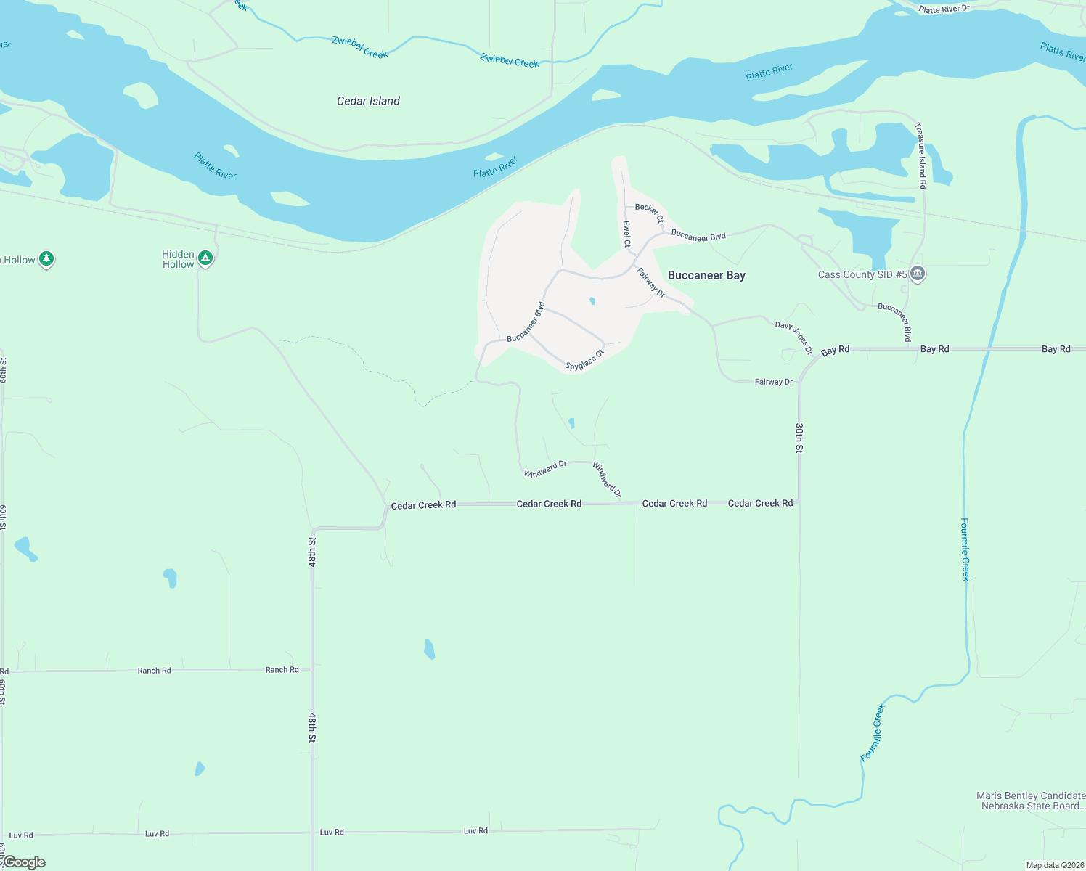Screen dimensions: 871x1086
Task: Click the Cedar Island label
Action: pos(368,101)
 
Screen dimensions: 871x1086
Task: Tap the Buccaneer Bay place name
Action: pos(706,275)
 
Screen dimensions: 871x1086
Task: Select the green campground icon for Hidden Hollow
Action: pos(205,258)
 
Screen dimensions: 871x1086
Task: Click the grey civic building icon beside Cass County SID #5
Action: pos(918,274)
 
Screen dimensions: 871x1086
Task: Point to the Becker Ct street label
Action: pos(649,213)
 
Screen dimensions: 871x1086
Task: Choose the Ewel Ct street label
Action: pos(626,234)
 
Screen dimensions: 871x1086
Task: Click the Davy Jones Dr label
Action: pos(793,338)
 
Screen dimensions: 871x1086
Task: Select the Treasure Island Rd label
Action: pos(920,155)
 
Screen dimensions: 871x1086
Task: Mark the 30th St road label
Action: pos(799,438)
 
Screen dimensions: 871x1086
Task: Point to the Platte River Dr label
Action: pos(944,9)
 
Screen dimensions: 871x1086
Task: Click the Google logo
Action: pos(24,862)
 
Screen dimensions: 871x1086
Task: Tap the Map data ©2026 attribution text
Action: pos(1055,865)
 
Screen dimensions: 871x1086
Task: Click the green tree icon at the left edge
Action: pos(46,258)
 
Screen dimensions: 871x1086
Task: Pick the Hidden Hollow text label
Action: pos(178,259)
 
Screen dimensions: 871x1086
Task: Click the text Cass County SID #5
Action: pos(862,274)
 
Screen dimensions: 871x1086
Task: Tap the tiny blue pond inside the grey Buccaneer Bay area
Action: pos(592,300)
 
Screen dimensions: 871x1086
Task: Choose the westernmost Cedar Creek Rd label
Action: pos(423,505)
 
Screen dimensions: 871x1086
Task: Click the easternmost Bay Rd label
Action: pos(1056,349)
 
